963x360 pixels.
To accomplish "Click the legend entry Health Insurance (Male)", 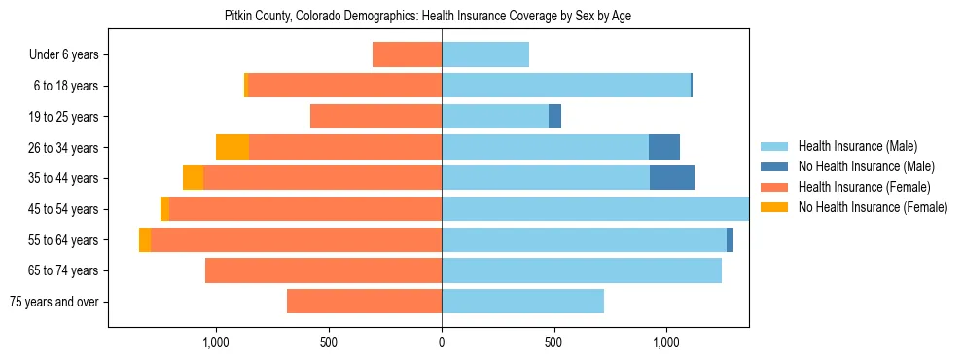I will (x=857, y=147).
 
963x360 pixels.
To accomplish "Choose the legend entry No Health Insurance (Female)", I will (x=873, y=207).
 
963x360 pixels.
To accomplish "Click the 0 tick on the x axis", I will (x=442, y=343).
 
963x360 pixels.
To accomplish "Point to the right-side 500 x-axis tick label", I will (x=553, y=343).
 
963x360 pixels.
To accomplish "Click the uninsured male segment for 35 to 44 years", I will (x=672, y=178).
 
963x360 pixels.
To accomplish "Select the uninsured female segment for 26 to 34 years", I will (x=232, y=147).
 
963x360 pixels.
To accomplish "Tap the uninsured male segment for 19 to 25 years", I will (x=554, y=117).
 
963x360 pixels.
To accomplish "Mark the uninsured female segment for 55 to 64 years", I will (x=145, y=240).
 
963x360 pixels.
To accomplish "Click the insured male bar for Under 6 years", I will (x=485, y=54).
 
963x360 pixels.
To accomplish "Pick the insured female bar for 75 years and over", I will (x=364, y=302).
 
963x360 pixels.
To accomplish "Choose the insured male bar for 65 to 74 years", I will (x=582, y=270).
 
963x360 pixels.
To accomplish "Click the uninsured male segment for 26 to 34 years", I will (x=664, y=147).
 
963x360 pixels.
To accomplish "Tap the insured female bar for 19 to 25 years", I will (x=375, y=117).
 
